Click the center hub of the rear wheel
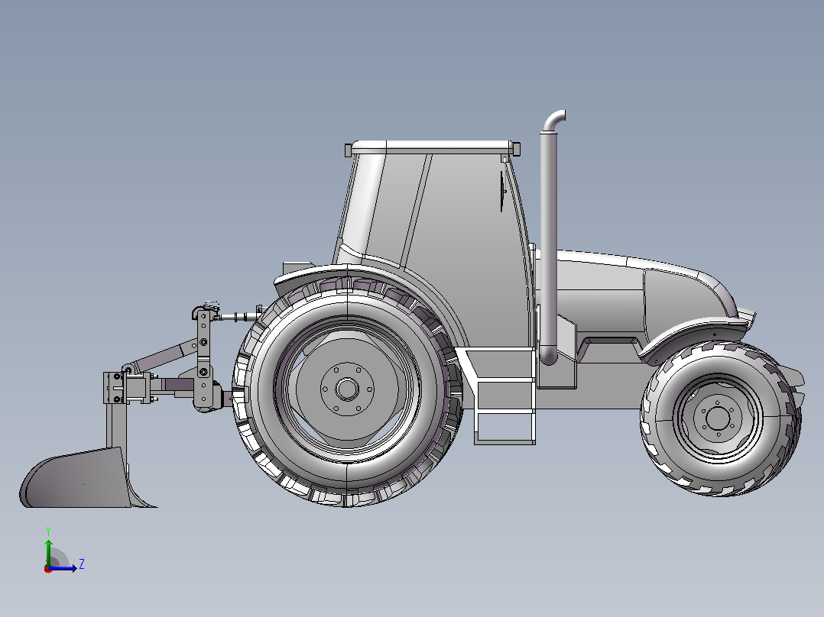coord(347,389)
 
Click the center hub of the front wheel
coord(718,418)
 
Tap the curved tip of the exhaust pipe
coord(556,118)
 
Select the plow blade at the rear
coord(84,479)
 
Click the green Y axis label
coord(48,531)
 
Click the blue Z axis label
coord(82,564)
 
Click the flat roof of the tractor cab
coord(433,147)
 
